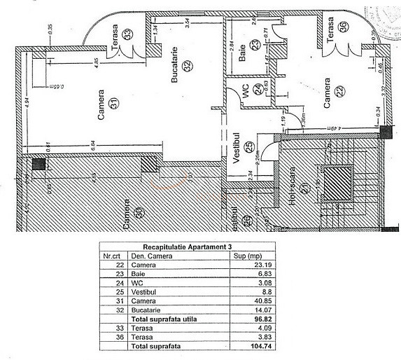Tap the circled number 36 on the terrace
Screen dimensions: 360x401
point(343,27)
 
